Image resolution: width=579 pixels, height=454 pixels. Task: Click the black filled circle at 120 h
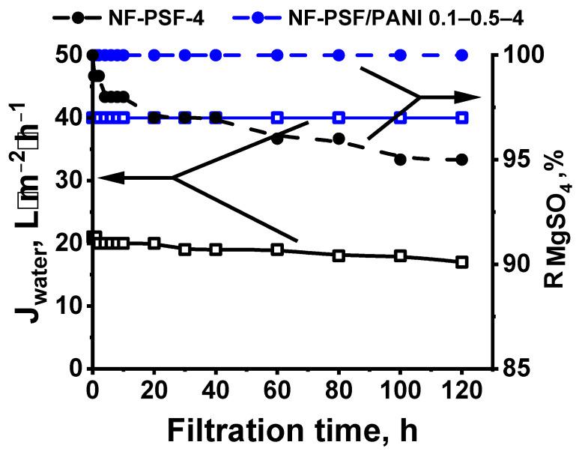point(462,160)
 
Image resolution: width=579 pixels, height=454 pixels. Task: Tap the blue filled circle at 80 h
point(339,55)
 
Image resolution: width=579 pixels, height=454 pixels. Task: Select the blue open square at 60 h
point(277,118)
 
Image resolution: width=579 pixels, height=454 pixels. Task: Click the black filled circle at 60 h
point(277,139)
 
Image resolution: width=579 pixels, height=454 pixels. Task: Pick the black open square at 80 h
point(339,255)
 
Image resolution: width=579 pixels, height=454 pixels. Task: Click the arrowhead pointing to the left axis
point(109,178)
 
